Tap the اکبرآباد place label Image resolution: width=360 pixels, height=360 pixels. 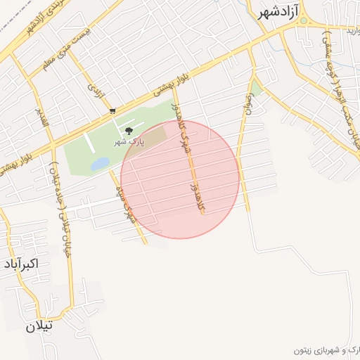[x=20, y=264]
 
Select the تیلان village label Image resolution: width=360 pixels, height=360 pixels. [x=40, y=326]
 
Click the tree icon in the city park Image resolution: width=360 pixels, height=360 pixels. [x=128, y=131]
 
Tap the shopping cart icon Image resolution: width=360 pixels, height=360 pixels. [x=112, y=111]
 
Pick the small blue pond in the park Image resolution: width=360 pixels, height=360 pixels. [x=99, y=164]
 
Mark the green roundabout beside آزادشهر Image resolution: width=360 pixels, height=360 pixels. [x=304, y=20]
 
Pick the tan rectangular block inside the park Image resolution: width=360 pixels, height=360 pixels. [x=156, y=134]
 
